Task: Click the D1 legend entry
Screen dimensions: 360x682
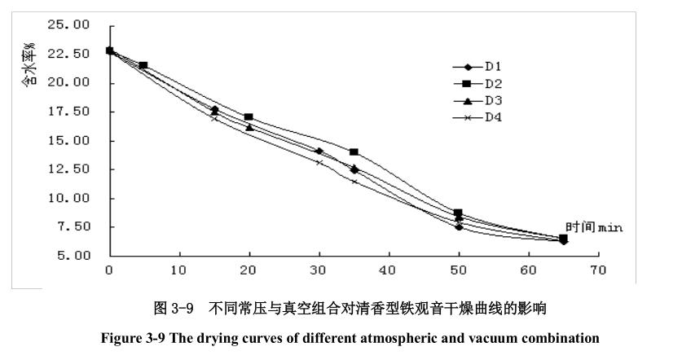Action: coord(492,67)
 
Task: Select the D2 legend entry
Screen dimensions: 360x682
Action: coord(492,84)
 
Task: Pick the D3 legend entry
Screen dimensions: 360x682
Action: coord(492,101)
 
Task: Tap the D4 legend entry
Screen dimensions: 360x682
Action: coord(492,118)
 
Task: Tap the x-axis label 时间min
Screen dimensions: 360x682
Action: coord(594,227)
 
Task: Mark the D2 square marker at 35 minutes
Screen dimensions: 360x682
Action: coord(354,152)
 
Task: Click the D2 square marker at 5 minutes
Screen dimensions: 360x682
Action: coord(143,65)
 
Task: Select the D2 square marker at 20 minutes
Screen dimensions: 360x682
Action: coord(249,117)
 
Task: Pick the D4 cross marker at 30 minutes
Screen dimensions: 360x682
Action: coord(319,163)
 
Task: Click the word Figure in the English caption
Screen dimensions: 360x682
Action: coord(120,337)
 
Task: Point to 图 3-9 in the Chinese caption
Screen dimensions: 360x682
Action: coord(173,310)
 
